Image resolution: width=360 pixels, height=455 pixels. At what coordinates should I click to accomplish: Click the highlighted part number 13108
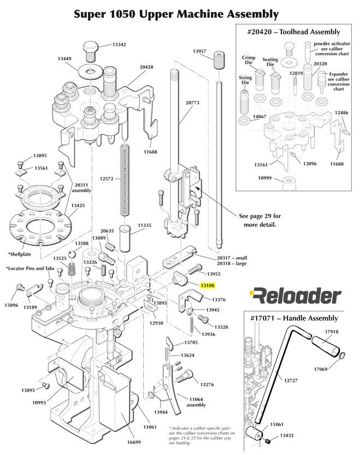(208, 285)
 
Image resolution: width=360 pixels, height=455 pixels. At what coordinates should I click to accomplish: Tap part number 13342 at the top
(119, 44)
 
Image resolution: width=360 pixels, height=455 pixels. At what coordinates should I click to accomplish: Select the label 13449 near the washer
(65, 58)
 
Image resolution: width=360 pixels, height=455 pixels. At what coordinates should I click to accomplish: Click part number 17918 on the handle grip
(332, 331)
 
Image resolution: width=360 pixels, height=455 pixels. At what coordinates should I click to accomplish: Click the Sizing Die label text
(245, 81)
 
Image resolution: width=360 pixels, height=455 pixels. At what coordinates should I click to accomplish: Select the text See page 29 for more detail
(260, 220)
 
